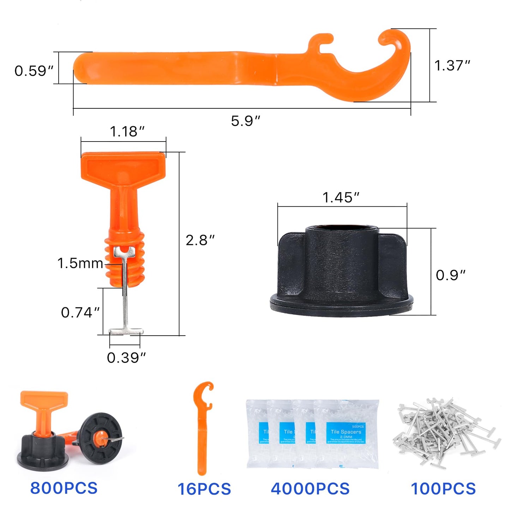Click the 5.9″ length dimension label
pyautogui.click(x=245, y=121)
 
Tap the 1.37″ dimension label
pyautogui.click(x=452, y=66)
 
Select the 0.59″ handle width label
pyautogui.click(x=34, y=71)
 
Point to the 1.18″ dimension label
pyautogui.click(x=127, y=132)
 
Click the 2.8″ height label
pyautogui.click(x=200, y=240)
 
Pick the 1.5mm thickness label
pyautogui.click(x=80, y=263)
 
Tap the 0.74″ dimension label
pyautogui.click(x=80, y=312)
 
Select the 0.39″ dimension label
pyautogui.click(x=126, y=358)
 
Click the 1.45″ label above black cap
pyautogui.click(x=341, y=198)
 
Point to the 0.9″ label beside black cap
pyautogui.click(x=451, y=275)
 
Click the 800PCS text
pyautogui.click(x=64, y=488)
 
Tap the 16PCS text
pyautogui.click(x=204, y=489)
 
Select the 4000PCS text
pyautogui.click(x=310, y=489)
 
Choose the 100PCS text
pyautogui.click(x=443, y=489)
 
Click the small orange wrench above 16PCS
pyautogui.click(x=202, y=427)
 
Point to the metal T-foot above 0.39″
pyautogui.click(x=126, y=331)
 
